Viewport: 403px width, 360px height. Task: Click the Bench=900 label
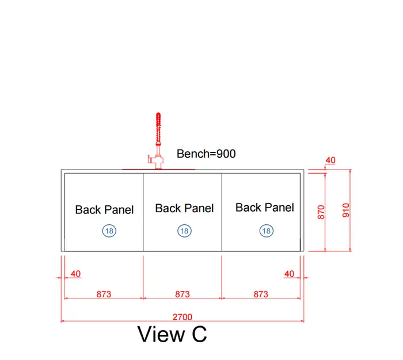(206, 154)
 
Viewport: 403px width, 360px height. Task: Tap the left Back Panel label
(104, 210)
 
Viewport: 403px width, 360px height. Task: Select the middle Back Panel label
(184, 208)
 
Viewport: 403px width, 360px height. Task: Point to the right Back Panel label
(265, 208)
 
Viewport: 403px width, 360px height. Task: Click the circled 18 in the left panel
(109, 231)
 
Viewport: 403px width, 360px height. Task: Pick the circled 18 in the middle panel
(185, 231)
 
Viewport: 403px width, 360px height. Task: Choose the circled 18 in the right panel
(267, 231)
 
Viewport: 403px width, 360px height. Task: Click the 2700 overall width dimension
(183, 317)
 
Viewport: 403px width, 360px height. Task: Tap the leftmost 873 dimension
(104, 294)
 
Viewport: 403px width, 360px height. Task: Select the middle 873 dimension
(183, 294)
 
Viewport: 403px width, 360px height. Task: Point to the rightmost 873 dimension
(261, 294)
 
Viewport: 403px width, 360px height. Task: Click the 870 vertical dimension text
(321, 212)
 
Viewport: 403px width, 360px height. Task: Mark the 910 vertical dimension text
(346, 210)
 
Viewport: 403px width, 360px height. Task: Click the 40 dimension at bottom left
(75, 274)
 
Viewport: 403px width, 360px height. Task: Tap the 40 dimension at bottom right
(289, 274)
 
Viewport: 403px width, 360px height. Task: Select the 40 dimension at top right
(330, 160)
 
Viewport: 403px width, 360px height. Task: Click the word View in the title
(161, 334)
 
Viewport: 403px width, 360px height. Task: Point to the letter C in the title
(199, 334)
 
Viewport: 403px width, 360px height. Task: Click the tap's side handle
(151, 159)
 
